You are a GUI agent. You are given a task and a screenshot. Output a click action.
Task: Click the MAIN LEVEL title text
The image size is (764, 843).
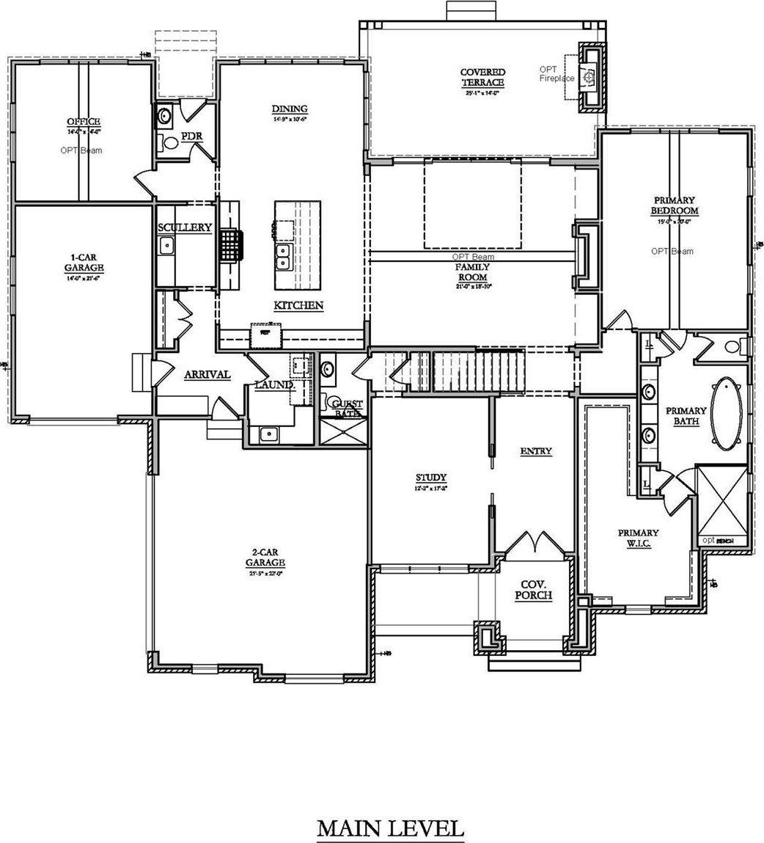(x=390, y=828)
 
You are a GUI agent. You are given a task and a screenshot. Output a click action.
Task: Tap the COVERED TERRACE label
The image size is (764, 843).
(x=482, y=77)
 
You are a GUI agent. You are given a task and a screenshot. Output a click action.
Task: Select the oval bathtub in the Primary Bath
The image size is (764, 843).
(x=728, y=414)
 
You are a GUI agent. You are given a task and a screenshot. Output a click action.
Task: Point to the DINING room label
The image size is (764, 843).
(x=289, y=109)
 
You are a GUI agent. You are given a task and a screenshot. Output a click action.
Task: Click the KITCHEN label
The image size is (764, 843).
(x=298, y=305)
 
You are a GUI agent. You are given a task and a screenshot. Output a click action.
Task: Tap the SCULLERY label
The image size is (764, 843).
(x=184, y=227)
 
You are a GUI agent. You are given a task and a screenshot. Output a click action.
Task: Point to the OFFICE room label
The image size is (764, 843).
(x=83, y=121)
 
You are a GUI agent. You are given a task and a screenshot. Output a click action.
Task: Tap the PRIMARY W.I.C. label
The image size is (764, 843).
(x=637, y=538)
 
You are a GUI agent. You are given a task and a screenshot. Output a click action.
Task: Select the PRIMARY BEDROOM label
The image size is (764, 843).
(x=675, y=205)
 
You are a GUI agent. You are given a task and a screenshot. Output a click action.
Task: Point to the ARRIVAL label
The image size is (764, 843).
(x=207, y=374)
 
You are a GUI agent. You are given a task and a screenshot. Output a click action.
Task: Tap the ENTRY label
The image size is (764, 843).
(x=535, y=451)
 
